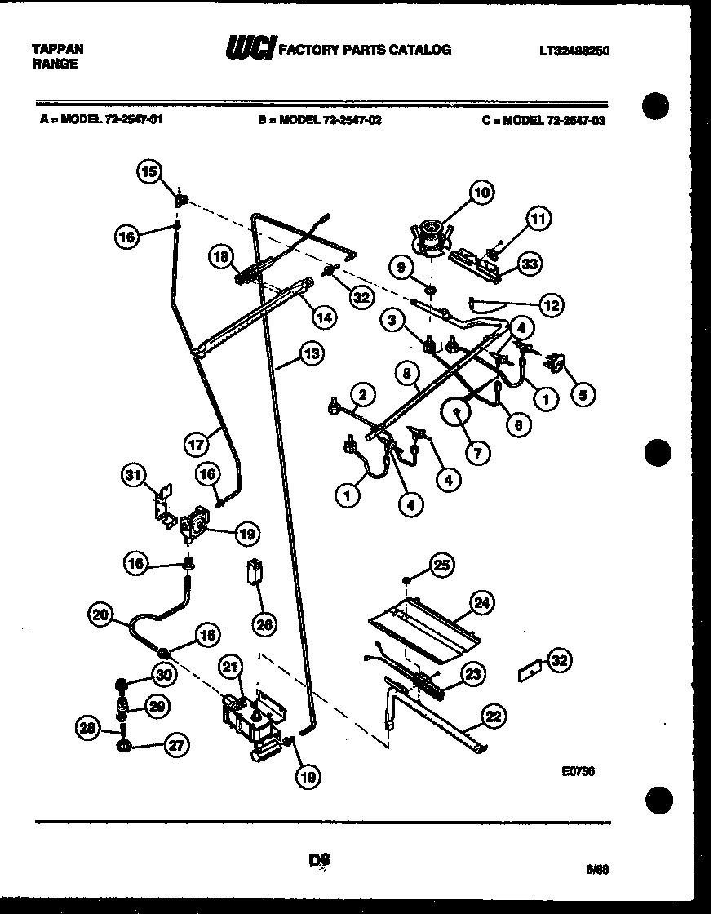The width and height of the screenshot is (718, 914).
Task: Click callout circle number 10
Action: pyautogui.click(x=481, y=193)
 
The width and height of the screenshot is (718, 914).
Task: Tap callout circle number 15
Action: pyautogui.click(x=148, y=171)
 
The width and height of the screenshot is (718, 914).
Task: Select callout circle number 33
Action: pyautogui.click(x=531, y=264)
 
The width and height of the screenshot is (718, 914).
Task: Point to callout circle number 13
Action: pyautogui.click(x=311, y=354)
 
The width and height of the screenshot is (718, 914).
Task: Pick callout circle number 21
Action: pyautogui.click(x=232, y=668)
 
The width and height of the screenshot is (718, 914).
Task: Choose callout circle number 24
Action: pyautogui.click(x=482, y=602)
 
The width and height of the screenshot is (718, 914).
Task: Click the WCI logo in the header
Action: pyautogui.click(x=251, y=49)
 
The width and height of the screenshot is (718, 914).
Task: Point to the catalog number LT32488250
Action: pyautogui.click(x=574, y=51)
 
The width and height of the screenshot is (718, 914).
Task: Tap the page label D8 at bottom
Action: pyautogui.click(x=320, y=859)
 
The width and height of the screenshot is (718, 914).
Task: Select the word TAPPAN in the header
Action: pyautogui.click(x=57, y=49)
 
